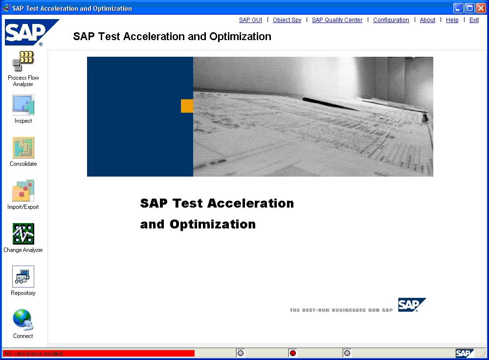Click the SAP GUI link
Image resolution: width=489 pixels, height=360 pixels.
(250, 20)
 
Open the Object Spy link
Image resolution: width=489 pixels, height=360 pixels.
(287, 20)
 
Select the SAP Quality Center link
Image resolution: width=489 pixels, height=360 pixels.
(337, 20)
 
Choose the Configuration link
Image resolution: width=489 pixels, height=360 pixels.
(391, 20)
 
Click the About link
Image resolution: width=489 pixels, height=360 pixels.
(427, 20)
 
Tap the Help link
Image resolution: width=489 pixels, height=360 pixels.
(452, 20)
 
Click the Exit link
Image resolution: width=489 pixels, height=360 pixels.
(474, 20)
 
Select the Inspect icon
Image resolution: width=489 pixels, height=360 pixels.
(23, 105)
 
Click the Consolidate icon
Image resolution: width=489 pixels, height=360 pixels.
(23, 148)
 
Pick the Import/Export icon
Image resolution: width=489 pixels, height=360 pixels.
(23, 191)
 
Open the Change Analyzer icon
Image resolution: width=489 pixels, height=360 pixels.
(23, 234)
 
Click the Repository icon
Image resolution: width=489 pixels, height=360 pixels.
(23, 277)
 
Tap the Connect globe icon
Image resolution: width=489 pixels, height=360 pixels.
(23, 320)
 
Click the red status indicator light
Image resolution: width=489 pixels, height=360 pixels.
(293, 353)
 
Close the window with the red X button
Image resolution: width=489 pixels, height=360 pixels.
(481, 8)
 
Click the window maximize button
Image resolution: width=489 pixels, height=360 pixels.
(469, 8)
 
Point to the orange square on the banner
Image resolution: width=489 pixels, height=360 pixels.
(187, 106)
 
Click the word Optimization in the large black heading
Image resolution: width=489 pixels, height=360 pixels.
(213, 225)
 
